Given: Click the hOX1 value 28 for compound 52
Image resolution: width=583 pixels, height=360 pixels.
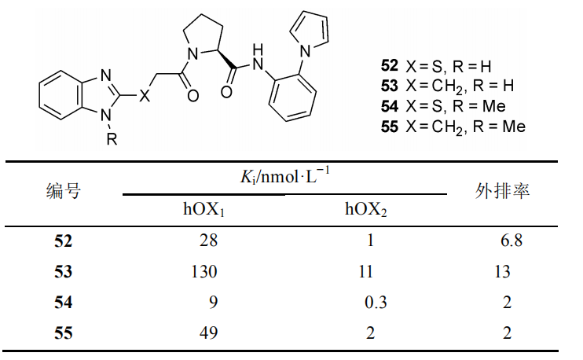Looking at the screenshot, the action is tap(208, 241).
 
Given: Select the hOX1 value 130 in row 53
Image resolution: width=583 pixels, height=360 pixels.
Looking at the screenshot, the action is tap(204, 271).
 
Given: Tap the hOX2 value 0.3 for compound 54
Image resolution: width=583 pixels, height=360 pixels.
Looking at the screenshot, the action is tap(376, 302).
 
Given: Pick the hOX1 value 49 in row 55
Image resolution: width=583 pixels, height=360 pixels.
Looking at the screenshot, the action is tap(208, 332).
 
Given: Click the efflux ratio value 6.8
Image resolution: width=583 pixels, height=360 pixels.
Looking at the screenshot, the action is tap(511, 241).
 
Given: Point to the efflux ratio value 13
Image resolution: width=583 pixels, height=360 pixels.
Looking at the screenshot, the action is tap(502, 271).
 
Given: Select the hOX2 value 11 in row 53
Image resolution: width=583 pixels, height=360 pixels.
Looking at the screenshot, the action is tap(366, 271).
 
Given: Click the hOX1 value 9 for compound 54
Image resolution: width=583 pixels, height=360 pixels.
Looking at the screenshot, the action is tap(213, 302).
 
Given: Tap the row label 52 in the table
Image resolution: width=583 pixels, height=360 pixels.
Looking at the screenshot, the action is tap(63, 241).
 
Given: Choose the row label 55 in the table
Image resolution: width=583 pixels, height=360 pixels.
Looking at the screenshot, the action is tap(63, 332).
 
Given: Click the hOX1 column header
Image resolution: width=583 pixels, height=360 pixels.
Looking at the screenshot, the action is tap(203, 209).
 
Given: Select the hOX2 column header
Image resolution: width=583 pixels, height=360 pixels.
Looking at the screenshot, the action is tap(366, 209).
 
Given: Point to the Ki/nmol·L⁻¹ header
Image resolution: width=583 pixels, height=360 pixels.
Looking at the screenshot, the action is tap(284, 176).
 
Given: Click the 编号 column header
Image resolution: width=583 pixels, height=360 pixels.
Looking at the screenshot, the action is tap(64, 191).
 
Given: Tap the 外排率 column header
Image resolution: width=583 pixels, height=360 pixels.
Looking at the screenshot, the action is tap(502, 191).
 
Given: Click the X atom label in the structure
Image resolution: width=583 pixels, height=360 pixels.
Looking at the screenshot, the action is tap(145, 96).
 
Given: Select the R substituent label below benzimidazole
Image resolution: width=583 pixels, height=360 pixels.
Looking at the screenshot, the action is tap(112, 138).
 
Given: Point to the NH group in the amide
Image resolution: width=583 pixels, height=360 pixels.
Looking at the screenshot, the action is tap(257, 57).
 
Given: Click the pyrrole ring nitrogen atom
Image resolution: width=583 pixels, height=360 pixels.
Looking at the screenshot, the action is tap(305, 51).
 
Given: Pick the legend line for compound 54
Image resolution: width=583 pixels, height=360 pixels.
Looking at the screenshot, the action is tap(443, 106).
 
